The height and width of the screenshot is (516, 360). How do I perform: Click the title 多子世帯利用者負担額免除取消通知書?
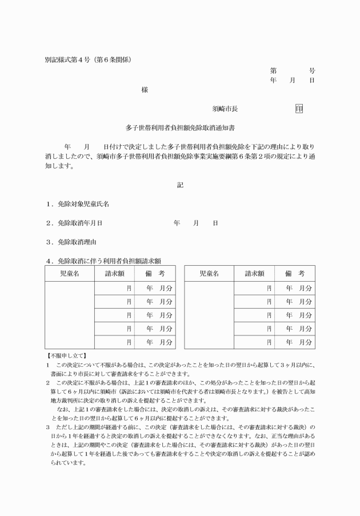coord(180,129)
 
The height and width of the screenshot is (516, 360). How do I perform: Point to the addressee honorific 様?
coord(145,90)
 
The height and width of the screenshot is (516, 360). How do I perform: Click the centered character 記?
coord(180,185)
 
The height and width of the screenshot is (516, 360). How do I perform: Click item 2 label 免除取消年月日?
coord(79,223)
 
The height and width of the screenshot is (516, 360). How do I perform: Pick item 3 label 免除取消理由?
coord(77,242)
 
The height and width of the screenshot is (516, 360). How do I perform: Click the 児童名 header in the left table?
coord(70,274)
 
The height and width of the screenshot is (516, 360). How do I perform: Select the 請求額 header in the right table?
coord(254,274)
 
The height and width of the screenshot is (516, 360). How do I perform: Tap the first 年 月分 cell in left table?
coord(159,288)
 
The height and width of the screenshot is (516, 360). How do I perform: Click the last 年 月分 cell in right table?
coord(299,342)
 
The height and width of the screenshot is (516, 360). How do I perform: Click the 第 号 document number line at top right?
coord(292,71)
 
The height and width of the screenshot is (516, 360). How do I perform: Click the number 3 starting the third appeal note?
coord(48,427)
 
